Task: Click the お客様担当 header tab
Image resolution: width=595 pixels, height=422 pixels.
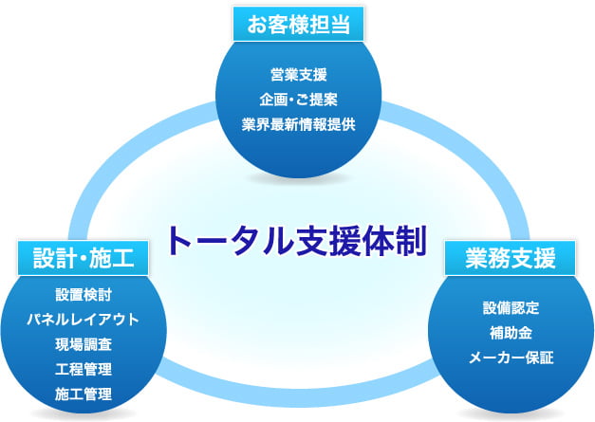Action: tap(298, 24)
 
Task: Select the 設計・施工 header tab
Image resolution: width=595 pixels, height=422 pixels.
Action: tap(84, 258)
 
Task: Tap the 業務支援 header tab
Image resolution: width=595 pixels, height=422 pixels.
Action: tap(511, 258)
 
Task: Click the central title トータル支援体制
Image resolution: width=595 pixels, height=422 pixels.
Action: tap(298, 241)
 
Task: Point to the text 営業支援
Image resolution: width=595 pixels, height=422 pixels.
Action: tap(299, 75)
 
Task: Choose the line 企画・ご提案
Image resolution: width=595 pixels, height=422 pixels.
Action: tap(299, 100)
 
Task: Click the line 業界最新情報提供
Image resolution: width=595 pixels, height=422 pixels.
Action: tap(299, 124)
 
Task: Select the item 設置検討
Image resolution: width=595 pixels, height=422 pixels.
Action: tap(84, 295)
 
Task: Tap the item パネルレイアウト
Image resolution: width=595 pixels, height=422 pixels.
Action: tap(84, 320)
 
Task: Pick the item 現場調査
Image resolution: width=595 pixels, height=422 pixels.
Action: tap(84, 344)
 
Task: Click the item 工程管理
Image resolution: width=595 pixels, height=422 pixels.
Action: tap(84, 369)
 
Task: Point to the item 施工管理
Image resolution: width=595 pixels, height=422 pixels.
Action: tap(84, 394)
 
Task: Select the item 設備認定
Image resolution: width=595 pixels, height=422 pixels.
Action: tap(511, 307)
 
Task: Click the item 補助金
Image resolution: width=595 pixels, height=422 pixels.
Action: tap(511, 333)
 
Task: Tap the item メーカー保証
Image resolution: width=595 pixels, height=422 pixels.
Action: tap(511, 358)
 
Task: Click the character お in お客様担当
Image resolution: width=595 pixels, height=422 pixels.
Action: tap(257, 25)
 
